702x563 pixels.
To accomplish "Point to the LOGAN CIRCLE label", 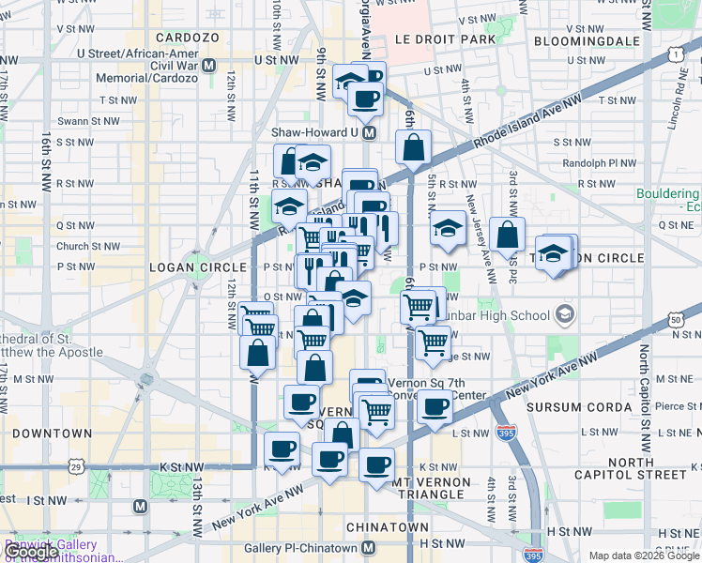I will [185, 267].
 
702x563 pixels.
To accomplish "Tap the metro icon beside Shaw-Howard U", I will [370, 133].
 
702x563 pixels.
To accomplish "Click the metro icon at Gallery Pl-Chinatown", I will [370, 548].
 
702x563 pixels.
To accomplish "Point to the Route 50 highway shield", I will [675, 321].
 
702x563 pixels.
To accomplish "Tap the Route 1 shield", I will [676, 55].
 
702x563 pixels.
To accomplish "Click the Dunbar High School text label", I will [498, 313].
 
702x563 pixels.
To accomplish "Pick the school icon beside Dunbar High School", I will [565, 312].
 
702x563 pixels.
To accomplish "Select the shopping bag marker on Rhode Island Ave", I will [413, 146].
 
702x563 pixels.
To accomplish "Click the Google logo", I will [32, 552].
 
